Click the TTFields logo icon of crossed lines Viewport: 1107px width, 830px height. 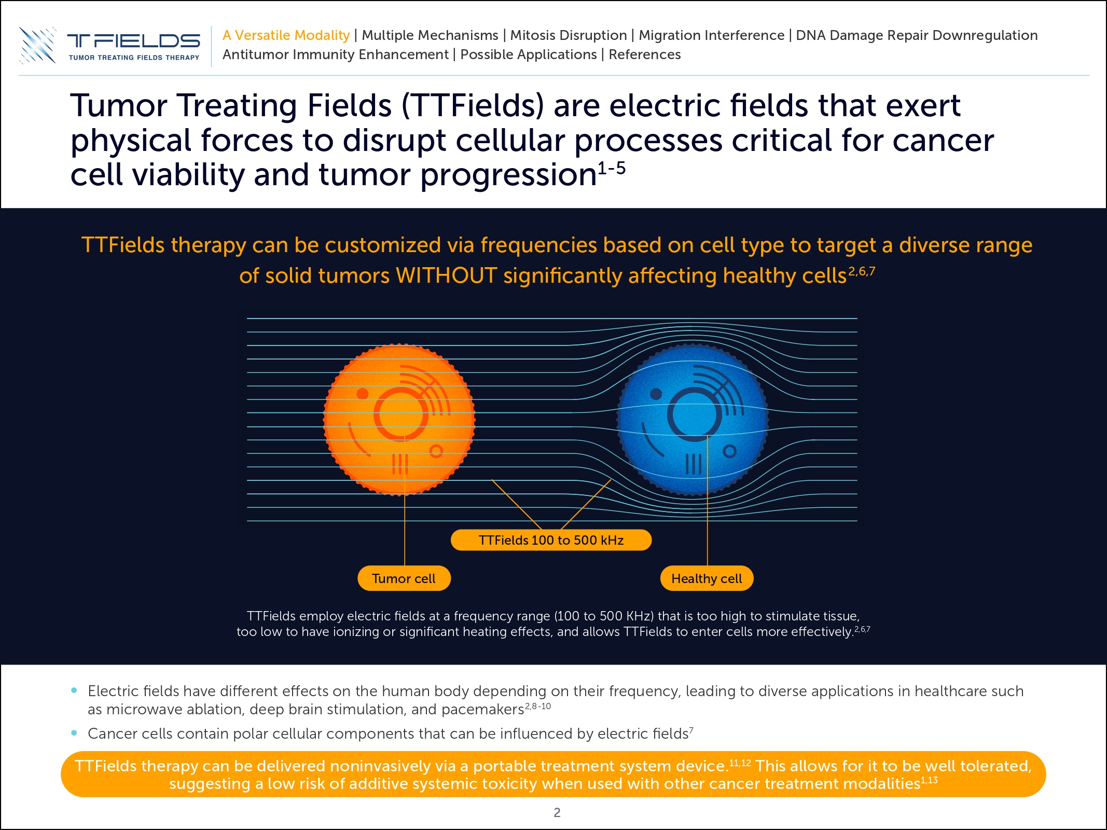[37, 46]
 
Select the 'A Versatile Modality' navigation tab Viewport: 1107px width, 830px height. [286, 35]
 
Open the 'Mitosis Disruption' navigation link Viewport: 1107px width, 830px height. [569, 35]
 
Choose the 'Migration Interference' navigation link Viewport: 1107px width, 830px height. [711, 35]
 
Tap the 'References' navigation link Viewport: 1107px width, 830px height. [644, 54]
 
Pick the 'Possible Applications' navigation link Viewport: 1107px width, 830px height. [529, 54]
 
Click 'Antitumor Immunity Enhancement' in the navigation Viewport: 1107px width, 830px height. [336, 54]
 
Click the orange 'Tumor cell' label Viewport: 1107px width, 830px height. [404, 578]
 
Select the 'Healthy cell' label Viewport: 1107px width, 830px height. [707, 578]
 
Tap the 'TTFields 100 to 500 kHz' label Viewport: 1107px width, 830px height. [551, 540]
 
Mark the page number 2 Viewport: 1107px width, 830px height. [557, 812]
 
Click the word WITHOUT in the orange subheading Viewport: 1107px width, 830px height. [446, 275]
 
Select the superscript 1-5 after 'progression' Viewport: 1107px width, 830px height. [612, 168]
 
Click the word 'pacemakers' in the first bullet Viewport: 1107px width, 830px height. [482, 710]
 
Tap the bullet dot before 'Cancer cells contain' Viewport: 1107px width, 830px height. [74, 733]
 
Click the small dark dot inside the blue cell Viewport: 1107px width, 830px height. [656, 394]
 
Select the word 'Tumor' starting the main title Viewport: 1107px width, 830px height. [119, 106]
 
